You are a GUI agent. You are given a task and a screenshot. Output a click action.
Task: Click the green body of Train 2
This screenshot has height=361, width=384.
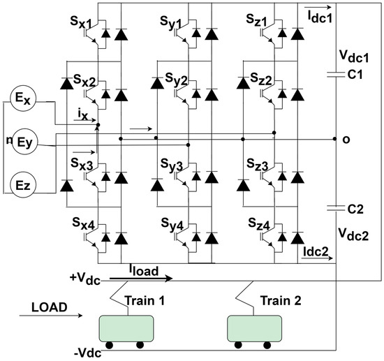[256, 327]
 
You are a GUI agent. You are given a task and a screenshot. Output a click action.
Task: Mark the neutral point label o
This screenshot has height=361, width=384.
[345, 140]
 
